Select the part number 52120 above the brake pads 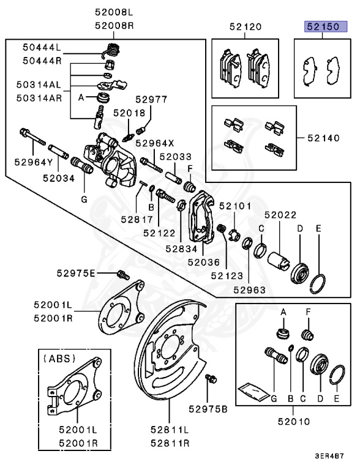tap(246, 27)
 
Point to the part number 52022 tap(280, 215)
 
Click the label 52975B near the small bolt tap(208, 408)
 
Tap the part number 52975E tap(93, 273)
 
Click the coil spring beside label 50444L tap(111, 50)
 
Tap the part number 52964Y tap(30, 162)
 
